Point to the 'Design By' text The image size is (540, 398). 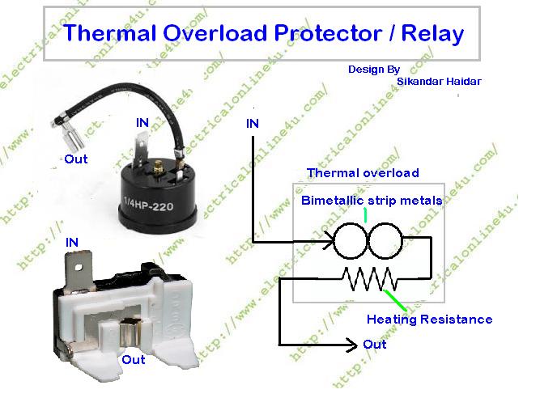click(374, 70)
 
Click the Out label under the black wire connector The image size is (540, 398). click(75, 159)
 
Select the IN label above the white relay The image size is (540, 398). click(73, 242)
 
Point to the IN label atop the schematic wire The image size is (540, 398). click(253, 123)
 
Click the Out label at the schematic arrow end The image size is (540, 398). click(375, 345)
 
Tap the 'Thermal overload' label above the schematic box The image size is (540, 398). click(363, 173)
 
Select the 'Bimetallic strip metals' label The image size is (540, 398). click(372, 200)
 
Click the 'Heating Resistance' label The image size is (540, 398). click(429, 319)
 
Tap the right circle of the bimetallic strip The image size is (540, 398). click(384, 240)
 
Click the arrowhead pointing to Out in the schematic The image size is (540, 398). click(353, 345)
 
